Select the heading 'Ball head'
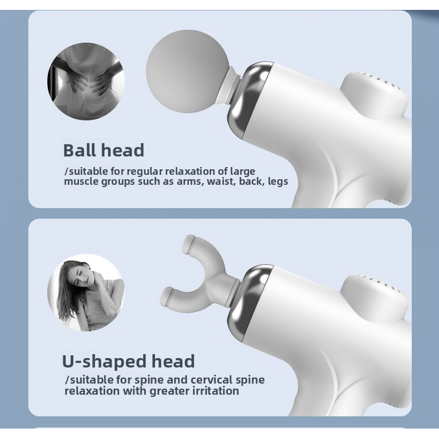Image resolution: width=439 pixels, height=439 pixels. (103, 150)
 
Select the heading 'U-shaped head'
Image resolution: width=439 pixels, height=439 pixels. (128, 361)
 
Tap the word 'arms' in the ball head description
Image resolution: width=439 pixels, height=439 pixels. (190, 182)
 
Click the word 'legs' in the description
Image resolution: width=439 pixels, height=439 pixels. (278, 182)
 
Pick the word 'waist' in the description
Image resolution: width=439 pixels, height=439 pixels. (221, 182)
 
